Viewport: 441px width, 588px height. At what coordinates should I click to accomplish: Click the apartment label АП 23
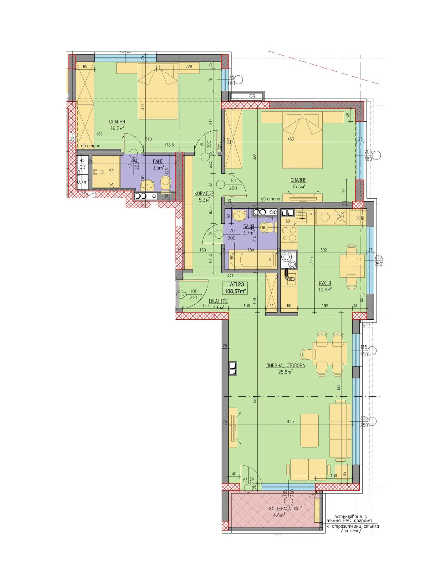coord(237,284)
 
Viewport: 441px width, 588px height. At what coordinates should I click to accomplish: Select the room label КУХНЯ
coord(325,283)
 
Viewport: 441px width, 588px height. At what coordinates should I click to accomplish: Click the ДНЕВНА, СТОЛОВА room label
coord(285,365)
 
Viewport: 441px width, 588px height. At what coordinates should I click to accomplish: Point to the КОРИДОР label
coord(204,193)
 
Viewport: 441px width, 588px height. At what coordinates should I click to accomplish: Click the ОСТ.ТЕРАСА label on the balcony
coord(279,509)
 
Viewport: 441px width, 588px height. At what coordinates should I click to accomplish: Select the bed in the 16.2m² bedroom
coord(158,94)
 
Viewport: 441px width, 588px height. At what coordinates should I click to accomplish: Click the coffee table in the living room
coord(309,430)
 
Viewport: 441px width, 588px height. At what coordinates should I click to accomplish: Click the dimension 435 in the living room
coord(290,421)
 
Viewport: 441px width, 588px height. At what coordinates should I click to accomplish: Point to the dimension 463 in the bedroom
coord(290,139)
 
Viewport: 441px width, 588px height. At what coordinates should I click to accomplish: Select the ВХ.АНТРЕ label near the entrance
coord(218,301)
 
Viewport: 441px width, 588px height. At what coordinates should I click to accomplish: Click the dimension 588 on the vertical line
coord(255,399)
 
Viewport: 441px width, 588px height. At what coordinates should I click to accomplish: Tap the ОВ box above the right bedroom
coord(252,96)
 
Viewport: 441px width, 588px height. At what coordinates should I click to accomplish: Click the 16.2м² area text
coord(117,128)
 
